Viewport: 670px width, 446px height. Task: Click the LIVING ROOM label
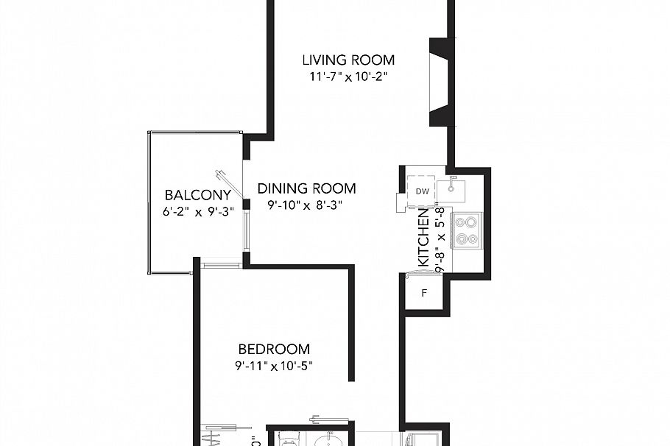349,60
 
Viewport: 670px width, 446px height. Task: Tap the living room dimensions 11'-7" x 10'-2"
349,76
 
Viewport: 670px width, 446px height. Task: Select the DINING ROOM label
306,188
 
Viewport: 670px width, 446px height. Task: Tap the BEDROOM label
274,350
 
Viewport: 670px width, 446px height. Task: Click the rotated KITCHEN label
424,237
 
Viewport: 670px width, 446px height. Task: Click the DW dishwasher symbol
422,191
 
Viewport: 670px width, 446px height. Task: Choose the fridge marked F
424,294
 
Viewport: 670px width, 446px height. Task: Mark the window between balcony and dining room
244,227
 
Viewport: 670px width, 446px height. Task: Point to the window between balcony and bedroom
220,261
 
